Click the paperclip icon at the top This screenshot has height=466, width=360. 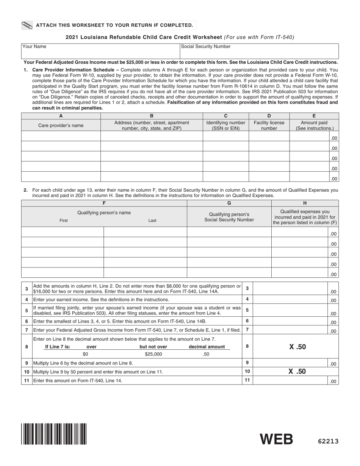pyautogui.click(x=27, y=25)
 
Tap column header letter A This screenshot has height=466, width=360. pyautogui.click(x=61, y=116)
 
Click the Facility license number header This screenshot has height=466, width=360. pyautogui.click(x=269, y=125)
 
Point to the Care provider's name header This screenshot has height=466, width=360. pyautogui.click(x=61, y=125)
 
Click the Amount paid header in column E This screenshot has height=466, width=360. pyautogui.click(x=314, y=125)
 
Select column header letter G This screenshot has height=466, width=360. pyautogui.click(x=229, y=203)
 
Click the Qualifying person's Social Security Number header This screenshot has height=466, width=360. pyautogui.click(x=229, y=217)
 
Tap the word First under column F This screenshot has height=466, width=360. pyautogui.click(x=64, y=220)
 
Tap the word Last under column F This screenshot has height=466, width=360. pyautogui.click(x=152, y=220)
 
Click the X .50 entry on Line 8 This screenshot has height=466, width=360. pyautogui.click(x=297, y=347)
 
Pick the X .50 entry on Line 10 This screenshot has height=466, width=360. pyautogui.click(x=297, y=372)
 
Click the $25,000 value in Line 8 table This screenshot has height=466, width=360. pyautogui.click(x=153, y=354)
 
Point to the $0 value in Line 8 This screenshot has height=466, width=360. pyautogui.click(x=85, y=354)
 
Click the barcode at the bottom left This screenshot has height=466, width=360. pyautogui.click(x=54, y=434)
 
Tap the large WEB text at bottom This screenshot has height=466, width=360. pyautogui.click(x=276, y=439)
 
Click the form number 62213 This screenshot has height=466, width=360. pyautogui.click(x=328, y=441)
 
